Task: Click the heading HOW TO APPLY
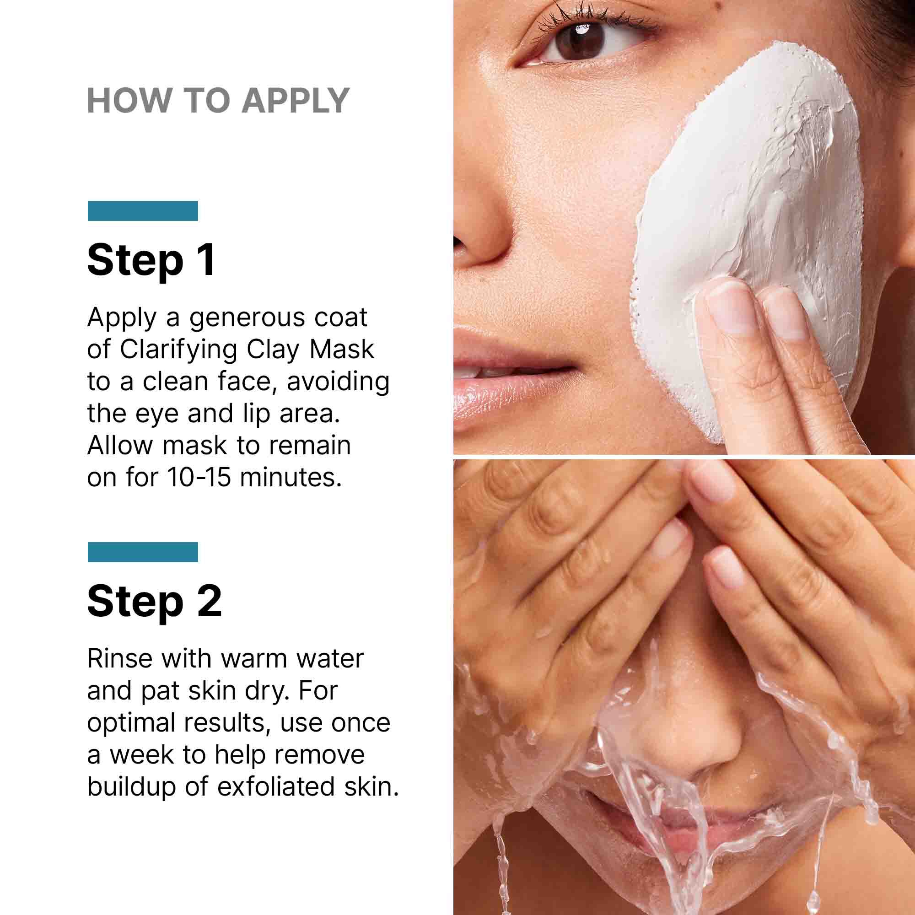(218, 101)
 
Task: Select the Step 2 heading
(154, 601)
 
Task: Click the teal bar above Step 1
(143, 211)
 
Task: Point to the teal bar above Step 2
(143, 552)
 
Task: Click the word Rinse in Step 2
(120, 659)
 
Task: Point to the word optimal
(131, 723)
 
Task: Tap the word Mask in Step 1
(341, 350)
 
